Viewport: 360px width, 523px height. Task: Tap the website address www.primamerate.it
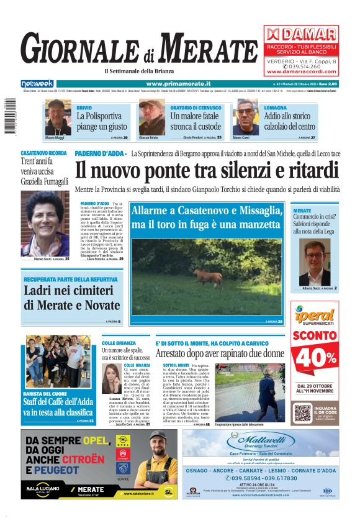pyautogui.click(x=178, y=83)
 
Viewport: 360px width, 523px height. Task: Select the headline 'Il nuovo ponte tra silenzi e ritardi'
pyautogui.click(x=207, y=170)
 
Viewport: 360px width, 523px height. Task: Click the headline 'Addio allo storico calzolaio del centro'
pyautogui.click(x=300, y=121)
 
